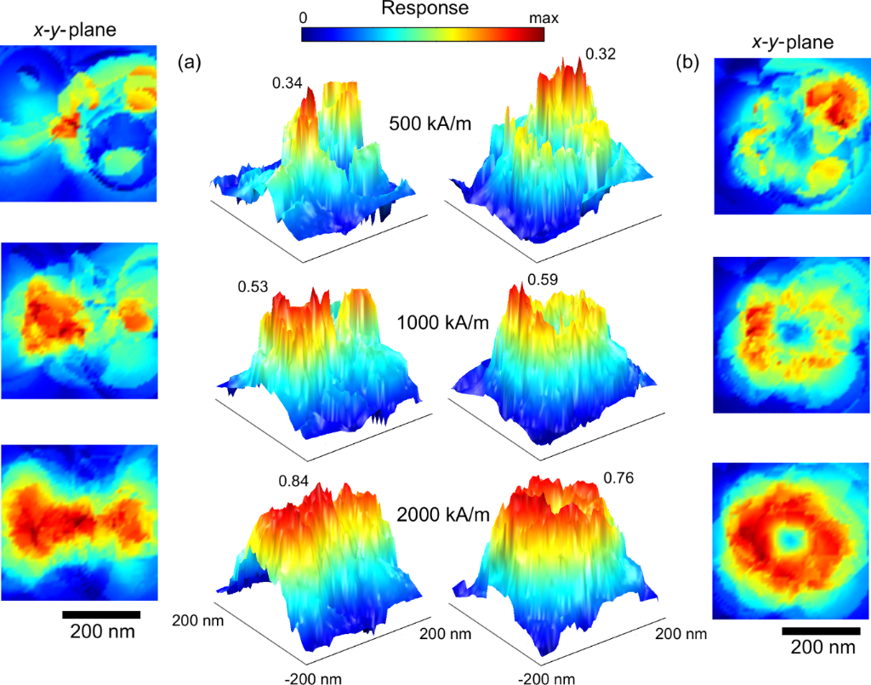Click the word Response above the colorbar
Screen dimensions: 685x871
coord(424,10)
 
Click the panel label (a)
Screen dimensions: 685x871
coord(189,62)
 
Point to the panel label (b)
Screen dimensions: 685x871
coord(688,62)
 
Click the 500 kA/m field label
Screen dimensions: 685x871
coord(430,122)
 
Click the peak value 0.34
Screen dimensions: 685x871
coord(287,82)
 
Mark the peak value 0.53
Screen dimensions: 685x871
coord(253,288)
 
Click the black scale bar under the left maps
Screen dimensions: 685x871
coord(101,614)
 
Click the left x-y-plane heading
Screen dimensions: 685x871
coord(81,31)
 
